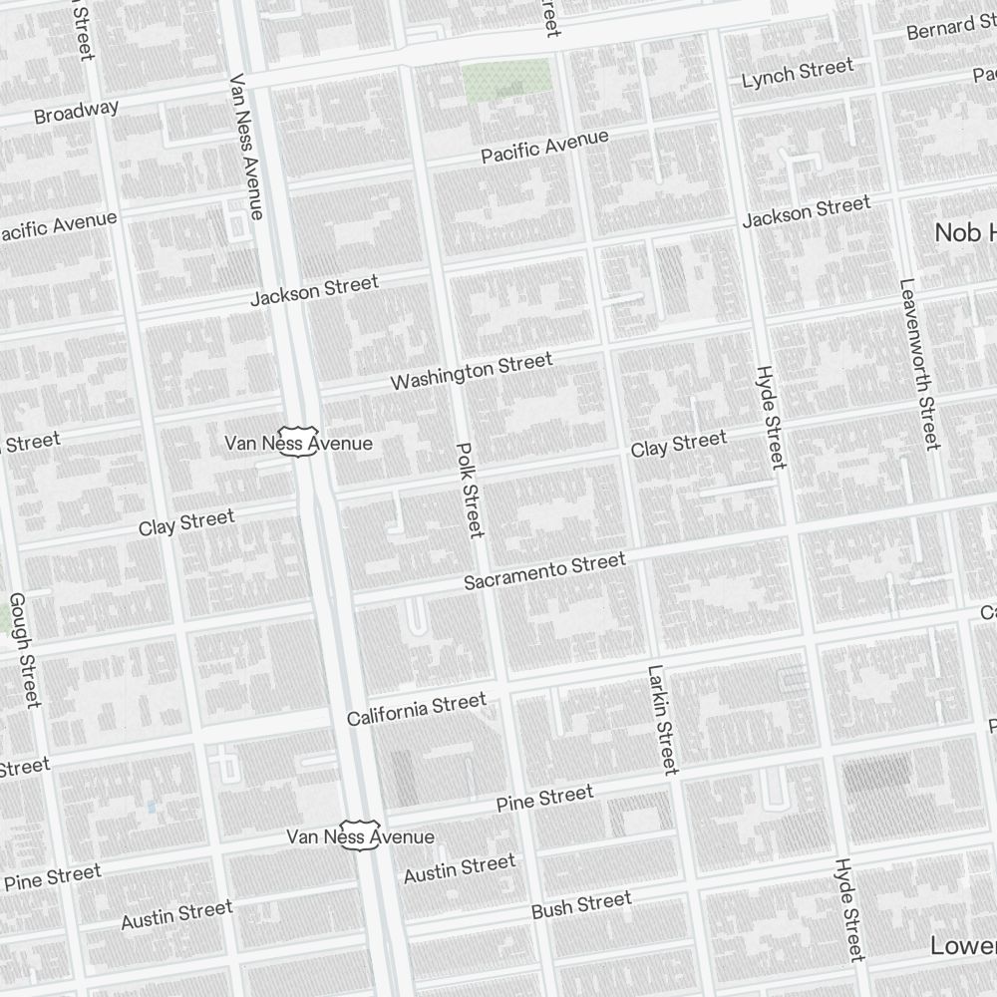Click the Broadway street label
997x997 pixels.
(x=76, y=112)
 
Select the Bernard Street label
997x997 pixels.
(x=953, y=27)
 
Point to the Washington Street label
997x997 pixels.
(x=471, y=371)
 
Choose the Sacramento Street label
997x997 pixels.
(x=544, y=570)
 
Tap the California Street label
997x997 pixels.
(x=417, y=709)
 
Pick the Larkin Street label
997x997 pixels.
(x=662, y=719)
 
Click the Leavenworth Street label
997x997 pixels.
(x=919, y=364)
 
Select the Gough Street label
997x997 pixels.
(x=24, y=649)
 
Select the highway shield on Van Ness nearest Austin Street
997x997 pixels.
(x=360, y=834)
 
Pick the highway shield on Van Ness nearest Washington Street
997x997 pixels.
(x=298, y=441)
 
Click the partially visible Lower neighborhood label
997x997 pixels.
(x=962, y=945)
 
